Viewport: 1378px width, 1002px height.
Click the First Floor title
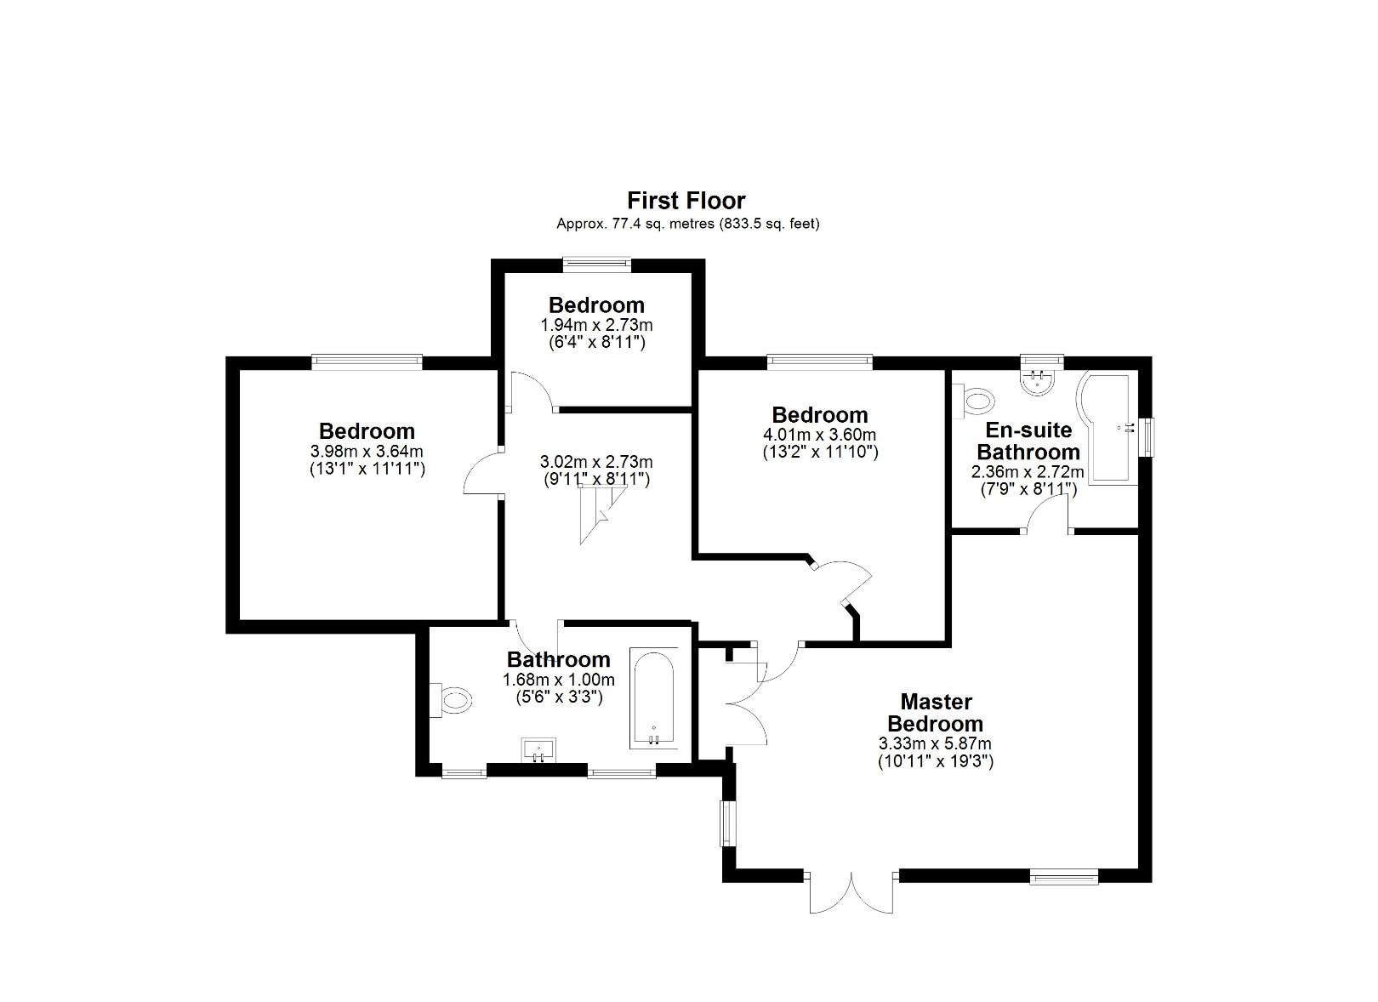tap(686, 201)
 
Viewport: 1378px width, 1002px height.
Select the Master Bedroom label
tap(935, 713)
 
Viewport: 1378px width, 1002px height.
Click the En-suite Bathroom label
tap(1028, 441)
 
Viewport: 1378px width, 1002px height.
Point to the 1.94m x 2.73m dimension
tap(596, 325)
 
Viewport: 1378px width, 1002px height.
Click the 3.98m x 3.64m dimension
tap(367, 451)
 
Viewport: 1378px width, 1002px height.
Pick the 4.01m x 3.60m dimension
tap(820, 435)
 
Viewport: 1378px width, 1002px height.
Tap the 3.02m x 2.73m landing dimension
tap(596, 462)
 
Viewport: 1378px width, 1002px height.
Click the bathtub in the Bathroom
tap(653, 698)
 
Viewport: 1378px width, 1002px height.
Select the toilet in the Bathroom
tap(453, 700)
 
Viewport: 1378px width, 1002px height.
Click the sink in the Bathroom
tap(538, 750)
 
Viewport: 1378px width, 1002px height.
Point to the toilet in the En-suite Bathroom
tap(976, 399)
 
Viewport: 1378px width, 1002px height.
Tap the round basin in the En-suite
tap(1039, 382)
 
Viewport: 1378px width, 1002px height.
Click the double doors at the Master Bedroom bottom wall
tap(851, 891)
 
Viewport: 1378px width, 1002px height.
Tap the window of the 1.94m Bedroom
tap(597, 265)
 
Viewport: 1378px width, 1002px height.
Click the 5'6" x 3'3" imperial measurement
tap(559, 697)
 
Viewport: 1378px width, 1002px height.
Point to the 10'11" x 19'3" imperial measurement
tap(935, 761)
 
